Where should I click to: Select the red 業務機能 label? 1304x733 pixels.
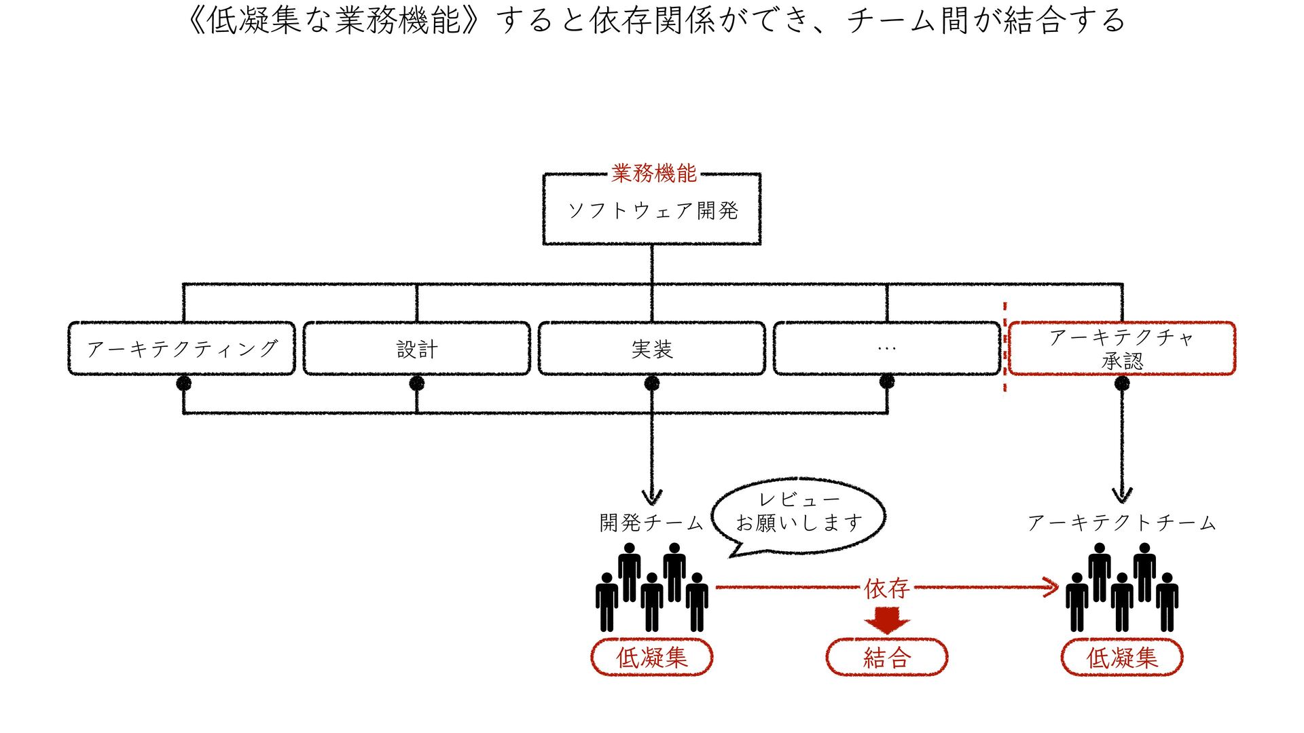(653, 173)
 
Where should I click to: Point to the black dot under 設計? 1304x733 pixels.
(417, 383)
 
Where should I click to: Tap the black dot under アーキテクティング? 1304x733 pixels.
(183, 383)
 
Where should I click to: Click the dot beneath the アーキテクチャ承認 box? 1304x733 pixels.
(1122, 383)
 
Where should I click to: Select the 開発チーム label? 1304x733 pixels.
(651, 522)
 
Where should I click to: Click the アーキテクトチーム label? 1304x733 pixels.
(1121, 522)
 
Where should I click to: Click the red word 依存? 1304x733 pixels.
(886, 588)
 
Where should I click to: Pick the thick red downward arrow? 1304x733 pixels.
(886, 620)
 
